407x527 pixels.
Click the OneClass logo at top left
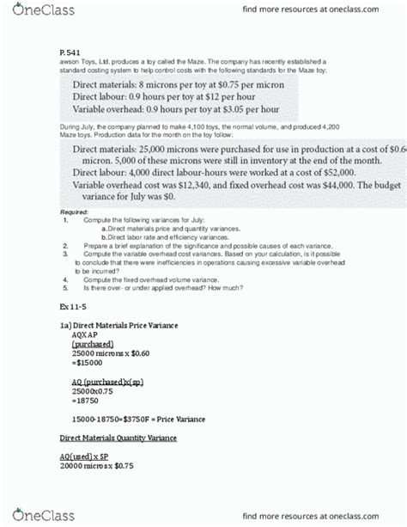coord(38,10)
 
